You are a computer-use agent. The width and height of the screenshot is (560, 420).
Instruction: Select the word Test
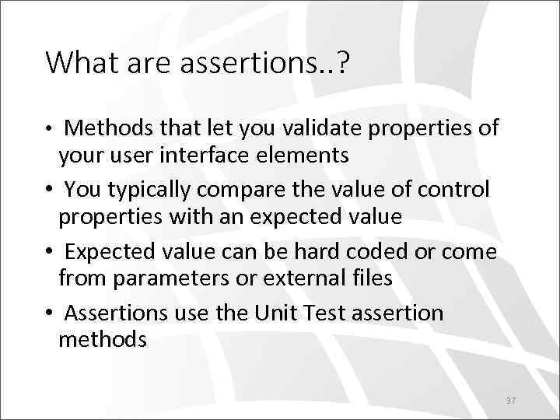(317, 313)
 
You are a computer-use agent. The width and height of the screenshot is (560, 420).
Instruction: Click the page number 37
(511, 400)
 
